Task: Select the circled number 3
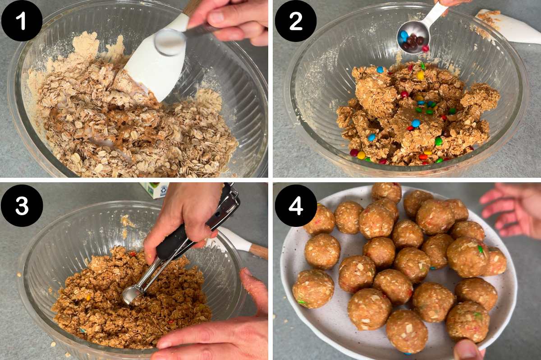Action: tap(22, 205)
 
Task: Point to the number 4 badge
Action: tap(296, 205)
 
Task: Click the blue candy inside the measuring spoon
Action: tap(404, 35)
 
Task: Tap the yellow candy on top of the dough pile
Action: tap(420, 75)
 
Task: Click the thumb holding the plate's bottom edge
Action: tap(467, 350)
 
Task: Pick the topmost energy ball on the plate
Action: tap(386, 192)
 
